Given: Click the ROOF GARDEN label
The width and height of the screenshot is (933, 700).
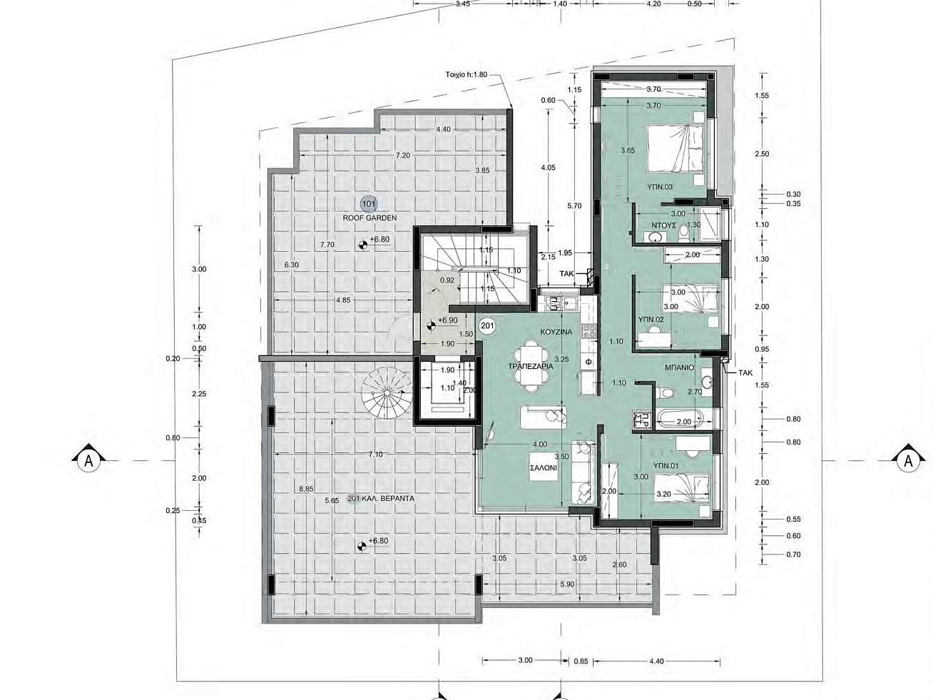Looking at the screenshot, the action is click(x=369, y=218).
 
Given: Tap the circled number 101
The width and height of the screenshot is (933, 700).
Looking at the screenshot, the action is click(x=368, y=204).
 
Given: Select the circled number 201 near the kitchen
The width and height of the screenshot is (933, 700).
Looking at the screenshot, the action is click(x=486, y=326).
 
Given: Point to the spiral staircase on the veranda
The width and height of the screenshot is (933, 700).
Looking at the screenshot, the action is click(x=387, y=392).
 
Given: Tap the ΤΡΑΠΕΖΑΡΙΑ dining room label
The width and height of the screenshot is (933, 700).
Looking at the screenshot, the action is click(x=531, y=366).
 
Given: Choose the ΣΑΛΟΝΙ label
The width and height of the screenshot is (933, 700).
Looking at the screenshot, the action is click(x=544, y=467).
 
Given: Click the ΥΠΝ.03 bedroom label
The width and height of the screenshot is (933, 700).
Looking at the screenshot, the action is click(x=660, y=187).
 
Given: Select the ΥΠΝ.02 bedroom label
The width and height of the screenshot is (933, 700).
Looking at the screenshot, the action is click(x=651, y=319).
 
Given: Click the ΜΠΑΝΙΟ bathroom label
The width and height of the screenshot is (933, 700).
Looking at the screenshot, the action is click(x=679, y=367).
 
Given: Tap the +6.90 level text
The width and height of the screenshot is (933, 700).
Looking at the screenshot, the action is click(x=447, y=320).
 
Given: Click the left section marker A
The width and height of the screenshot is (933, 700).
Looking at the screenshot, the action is click(x=88, y=460).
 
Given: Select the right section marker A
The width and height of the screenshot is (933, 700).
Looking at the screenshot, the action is click(x=908, y=460).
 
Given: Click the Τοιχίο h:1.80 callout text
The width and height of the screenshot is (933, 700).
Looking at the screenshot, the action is click(x=466, y=74).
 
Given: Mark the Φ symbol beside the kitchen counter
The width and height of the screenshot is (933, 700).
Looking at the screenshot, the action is click(x=588, y=362).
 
